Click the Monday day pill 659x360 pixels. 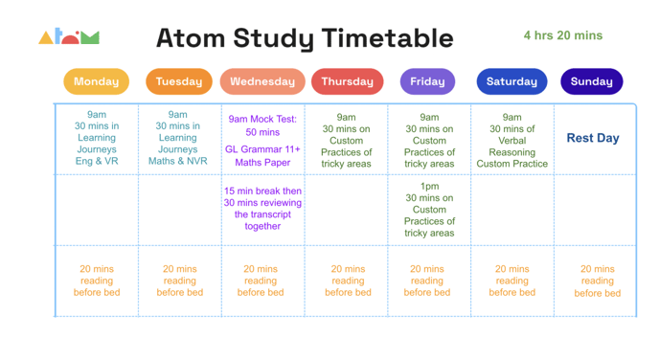point(96,81)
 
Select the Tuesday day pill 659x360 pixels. point(179,81)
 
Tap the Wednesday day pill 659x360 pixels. point(262,81)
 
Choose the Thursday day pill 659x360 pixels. point(347,81)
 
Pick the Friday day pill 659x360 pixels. point(427,81)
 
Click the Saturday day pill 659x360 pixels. point(511,81)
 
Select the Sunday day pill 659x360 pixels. point(591,81)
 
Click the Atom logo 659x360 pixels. point(69,37)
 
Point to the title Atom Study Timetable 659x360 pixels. point(304,38)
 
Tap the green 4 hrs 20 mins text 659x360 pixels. point(562,35)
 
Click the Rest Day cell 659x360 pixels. point(593,138)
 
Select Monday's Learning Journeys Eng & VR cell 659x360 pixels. point(97,138)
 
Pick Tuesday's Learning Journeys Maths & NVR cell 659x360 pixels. point(178,138)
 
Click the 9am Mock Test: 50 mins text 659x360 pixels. point(262,125)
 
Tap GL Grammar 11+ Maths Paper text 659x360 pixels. point(262,156)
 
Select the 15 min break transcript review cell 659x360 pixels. point(262,209)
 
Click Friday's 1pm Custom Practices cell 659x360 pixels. point(429,210)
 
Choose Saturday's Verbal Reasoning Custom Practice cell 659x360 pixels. point(511,141)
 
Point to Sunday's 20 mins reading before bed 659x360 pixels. point(597,281)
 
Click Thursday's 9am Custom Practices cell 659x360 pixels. point(347,141)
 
